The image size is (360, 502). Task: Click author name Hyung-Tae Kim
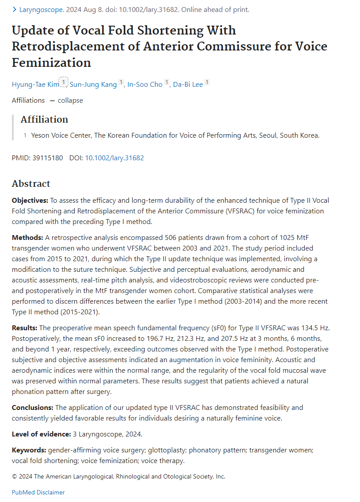(x=34, y=84)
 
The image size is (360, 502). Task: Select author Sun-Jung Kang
(x=93, y=84)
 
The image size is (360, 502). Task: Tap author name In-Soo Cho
(x=145, y=84)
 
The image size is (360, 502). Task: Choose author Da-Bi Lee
(x=188, y=84)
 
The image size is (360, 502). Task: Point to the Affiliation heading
(x=44, y=120)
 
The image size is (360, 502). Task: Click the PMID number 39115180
(x=47, y=158)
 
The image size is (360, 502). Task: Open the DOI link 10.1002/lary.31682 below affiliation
(x=114, y=158)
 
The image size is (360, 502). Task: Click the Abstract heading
(x=31, y=184)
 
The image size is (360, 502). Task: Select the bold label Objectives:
(x=30, y=200)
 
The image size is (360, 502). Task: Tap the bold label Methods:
(x=27, y=237)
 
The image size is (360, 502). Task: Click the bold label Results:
(x=25, y=328)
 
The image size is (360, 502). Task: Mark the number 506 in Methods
(x=171, y=237)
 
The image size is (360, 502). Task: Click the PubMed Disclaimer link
(x=38, y=492)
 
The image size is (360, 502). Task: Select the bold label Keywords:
(x=29, y=450)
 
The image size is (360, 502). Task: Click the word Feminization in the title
(x=51, y=62)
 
